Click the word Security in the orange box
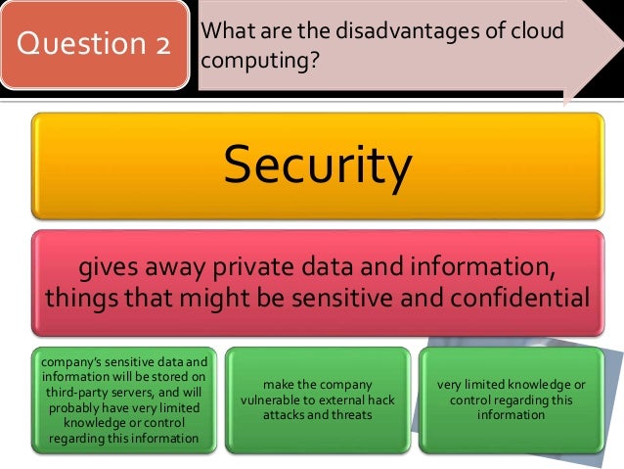pyautogui.click(x=317, y=166)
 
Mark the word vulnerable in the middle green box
pyautogui.click(x=281, y=399)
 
